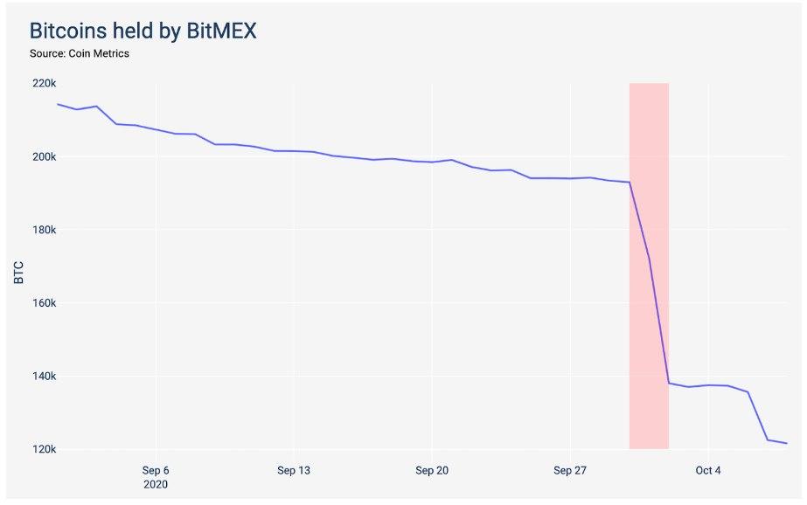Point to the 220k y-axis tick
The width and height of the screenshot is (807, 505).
(44, 83)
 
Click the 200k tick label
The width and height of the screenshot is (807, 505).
(44, 156)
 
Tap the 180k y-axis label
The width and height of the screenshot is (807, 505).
(44, 230)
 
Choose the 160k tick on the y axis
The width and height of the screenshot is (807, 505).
(44, 303)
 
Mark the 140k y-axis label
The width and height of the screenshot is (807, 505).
(44, 377)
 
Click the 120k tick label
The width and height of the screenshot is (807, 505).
(44, 450)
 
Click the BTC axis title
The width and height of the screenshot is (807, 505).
(18, 273)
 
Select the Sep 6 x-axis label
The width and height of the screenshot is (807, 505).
(156, 470)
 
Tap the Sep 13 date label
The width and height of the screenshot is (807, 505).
(294, 470)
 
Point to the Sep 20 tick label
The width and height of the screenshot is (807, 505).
(432, 470)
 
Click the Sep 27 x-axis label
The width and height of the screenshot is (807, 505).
(569, 470)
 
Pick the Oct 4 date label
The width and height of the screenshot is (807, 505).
(707, 470)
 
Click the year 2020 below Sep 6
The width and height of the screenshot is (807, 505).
(156, 484)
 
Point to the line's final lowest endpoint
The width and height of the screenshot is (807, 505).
(787, 443)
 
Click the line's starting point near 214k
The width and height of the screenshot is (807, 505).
(59, 104)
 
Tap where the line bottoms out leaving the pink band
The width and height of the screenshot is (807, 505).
(669, 383)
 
